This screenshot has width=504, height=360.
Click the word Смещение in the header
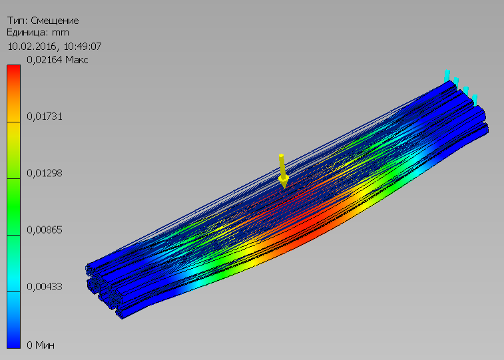click(x=55, y=21)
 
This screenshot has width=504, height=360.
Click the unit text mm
click(x=60, y=33)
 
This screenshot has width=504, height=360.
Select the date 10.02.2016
click(x=32, y=47)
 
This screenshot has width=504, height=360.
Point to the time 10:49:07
click(x=83, y=47)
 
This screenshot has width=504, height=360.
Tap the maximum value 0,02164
click(x=45, y=60)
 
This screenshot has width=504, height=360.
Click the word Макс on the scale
click(x=77, y=60)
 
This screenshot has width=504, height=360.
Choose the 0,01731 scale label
click(x=45, y=116)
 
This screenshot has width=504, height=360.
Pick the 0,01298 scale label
click(x=45, y=173)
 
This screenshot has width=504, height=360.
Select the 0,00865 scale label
click(x=45, y=230)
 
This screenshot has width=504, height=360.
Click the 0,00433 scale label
click(x=45, y=286)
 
